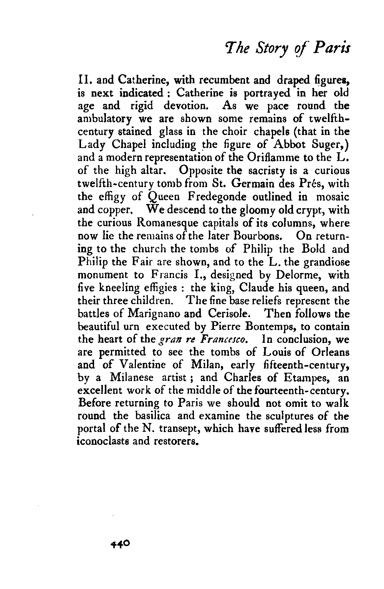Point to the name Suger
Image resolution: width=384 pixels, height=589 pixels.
pos(334,145)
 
